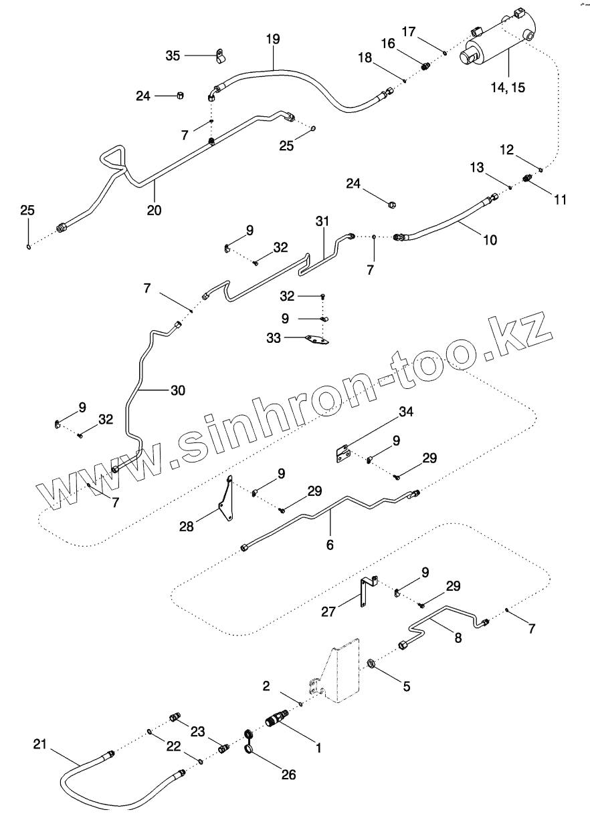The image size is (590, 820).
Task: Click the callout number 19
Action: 273,39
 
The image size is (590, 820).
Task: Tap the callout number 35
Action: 173,55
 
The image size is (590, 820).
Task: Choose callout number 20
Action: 155,210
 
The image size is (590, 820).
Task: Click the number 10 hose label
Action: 490,240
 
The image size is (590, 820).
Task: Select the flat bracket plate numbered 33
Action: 315,341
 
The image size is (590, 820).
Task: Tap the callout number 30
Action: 178,390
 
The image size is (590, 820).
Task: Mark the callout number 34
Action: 405,412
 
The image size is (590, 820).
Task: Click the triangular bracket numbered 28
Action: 227,498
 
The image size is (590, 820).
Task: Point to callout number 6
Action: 330,545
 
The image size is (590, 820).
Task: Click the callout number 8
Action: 458,638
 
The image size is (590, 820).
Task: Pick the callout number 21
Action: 41,744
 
